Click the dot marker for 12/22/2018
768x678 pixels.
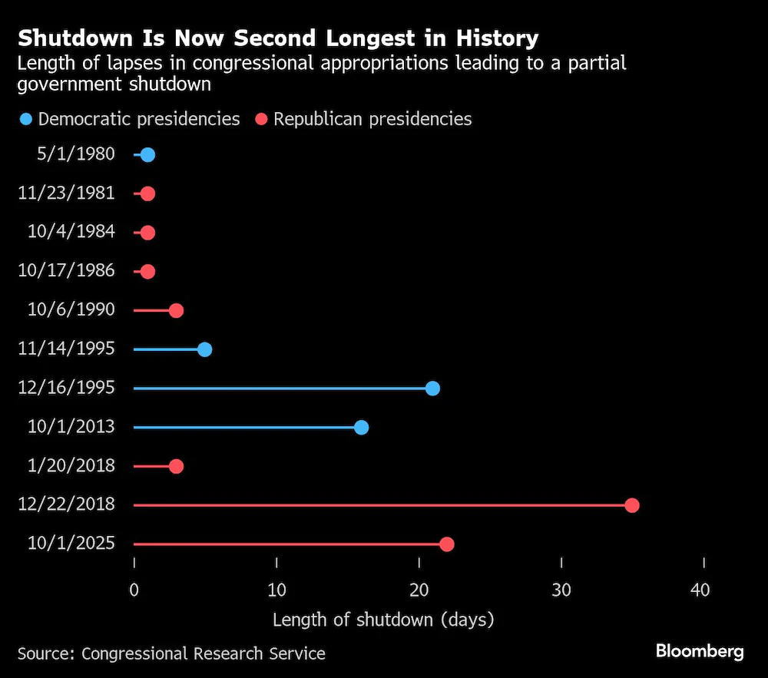[x=632, y=505]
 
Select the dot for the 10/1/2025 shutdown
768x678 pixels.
[x=447, y=544]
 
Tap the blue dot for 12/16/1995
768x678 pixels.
[x=432, y=389]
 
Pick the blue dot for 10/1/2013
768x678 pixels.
[x=361, y=428]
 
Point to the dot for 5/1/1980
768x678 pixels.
[x=148, y=155]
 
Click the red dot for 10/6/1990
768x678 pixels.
[x=177, y=310]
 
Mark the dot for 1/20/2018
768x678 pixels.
[x=177, y=466]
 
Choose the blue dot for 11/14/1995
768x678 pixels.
[x=205, y=349]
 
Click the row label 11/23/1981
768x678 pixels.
[x=66, y=193]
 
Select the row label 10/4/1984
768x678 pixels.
[x=71, y=232]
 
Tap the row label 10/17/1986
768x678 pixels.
[x=66, y=270]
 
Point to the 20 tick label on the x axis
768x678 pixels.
[x=419, y=590]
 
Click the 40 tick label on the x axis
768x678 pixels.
[x=700, y=590]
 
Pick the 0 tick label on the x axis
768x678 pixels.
[x=134, y=590]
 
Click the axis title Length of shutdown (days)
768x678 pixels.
[x=383, y=620]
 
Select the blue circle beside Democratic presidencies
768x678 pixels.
[x=25, y=119]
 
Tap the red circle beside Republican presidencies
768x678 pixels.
[x=262, y=119]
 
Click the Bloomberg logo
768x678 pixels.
[x=700, y=651]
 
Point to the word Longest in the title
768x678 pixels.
[x=371, y=38]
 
